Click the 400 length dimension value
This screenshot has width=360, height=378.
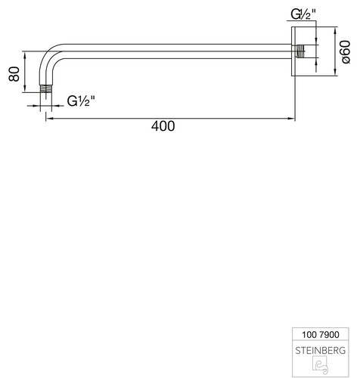(x=163, y=126)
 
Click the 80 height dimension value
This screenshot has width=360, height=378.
(x=14, y=74)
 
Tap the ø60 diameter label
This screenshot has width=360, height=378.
(x=346, y=51)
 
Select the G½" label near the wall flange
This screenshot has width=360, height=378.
(x=303, y=14)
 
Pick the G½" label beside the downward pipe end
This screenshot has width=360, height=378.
(x=81, y=101)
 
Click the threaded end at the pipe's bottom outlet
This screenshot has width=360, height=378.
(x=46, y=88)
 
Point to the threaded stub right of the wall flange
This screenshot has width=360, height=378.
(x=301, y=51)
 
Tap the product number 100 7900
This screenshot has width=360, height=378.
(x=321, y=335)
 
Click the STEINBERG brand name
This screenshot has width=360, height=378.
(x=321, y=351)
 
